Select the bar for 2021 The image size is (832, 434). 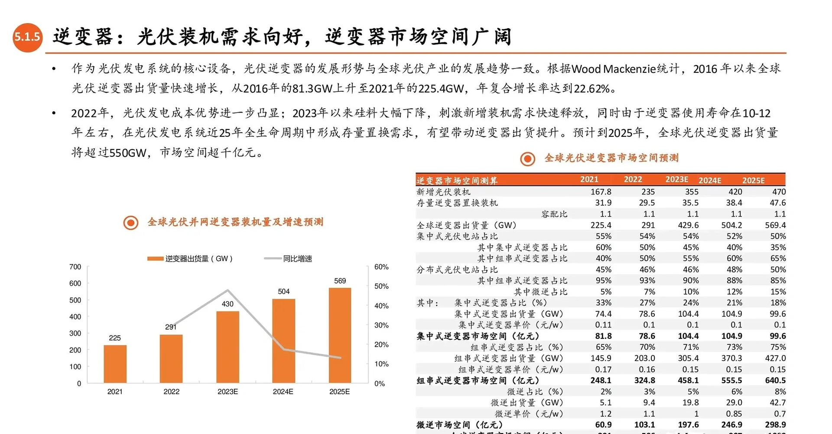point(115,364)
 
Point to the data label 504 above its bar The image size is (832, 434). point(284,291)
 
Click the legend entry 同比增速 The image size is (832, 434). point(297,259)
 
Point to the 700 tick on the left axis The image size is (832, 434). point(75,267)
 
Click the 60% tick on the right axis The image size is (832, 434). point(381,267)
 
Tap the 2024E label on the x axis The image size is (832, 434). point(283,392)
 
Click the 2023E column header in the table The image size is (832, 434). point(676,179)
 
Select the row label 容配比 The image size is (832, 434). point(554,214)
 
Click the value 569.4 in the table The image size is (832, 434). point(775,225)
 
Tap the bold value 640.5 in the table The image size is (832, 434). point(775,380)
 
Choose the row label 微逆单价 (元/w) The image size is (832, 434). point(529,414)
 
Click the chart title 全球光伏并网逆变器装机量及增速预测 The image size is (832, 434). point(235,222)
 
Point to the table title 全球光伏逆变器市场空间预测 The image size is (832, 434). point(611,158)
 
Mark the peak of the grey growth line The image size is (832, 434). point(228,290)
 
